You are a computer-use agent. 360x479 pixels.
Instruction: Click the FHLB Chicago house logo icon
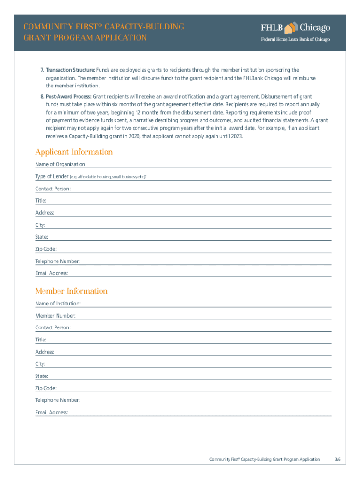pyautogui.click(x=291, y=27)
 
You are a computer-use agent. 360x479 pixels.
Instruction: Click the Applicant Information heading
pyautogui.click(x=74, y=152)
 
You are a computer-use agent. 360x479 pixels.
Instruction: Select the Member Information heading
pyautogui.click(x=71, y=291)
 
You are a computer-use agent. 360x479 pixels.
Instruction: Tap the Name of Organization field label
pyautogui.click(x=61, y=164)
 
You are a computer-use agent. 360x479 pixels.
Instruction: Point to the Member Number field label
pyautogui.click(x=55, y=316)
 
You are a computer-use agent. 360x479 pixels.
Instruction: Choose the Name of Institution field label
pyautogui.click(x=58, y=304)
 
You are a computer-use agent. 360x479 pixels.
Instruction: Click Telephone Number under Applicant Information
pyautogui.click(x=58, y=261)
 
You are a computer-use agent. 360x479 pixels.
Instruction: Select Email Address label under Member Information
pyautogui.click(x=51, y=412)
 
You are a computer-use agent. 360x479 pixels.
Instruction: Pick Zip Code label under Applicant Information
pyautogui.click(x=46, y=249)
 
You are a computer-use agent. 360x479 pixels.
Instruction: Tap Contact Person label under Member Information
pyautogui.click(x=53, y=327)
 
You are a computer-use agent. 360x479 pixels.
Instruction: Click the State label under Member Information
pyautogui.click(x=42, y=376)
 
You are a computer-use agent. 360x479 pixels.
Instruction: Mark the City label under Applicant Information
pyautogui.click(x=40, y=225)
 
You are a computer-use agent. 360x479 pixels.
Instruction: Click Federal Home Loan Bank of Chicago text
pyautogui.click(x=295, y=39)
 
